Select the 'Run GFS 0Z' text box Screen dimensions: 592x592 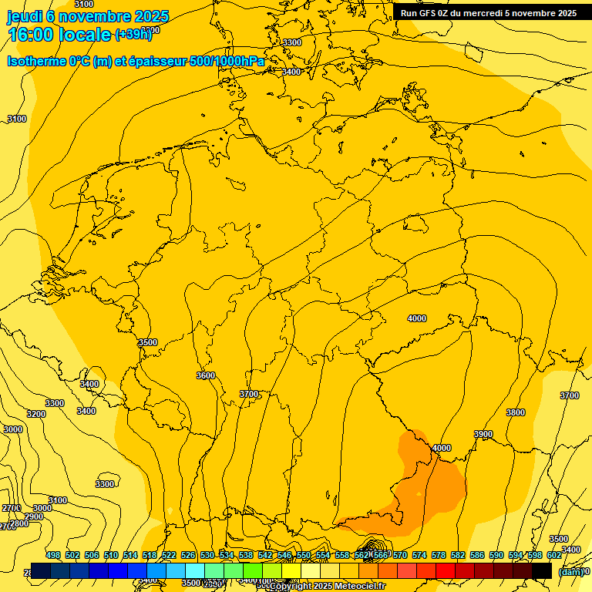489,13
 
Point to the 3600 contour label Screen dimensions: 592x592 206,375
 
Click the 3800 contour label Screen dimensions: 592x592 516,412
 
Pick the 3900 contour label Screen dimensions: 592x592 483,434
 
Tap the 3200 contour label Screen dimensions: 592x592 35,414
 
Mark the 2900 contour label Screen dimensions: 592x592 33,516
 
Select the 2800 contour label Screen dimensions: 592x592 19,523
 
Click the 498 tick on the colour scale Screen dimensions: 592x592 53,555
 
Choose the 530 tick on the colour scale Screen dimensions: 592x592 207,555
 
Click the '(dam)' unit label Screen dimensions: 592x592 570,571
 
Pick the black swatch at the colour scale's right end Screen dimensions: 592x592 542,570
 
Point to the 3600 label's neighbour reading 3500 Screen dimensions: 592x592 147,342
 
